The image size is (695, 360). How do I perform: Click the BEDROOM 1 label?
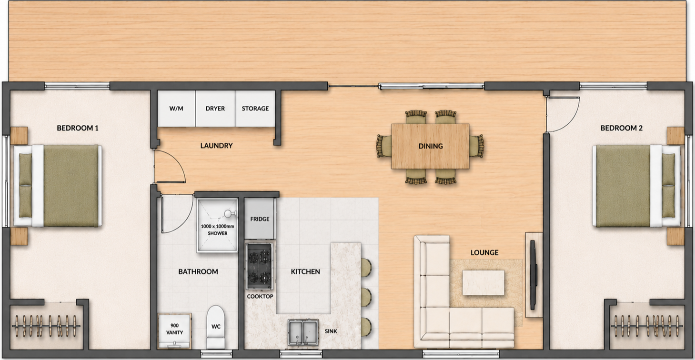tap(78, 128)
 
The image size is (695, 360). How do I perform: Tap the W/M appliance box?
tap(176, 108)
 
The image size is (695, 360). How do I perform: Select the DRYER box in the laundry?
tap(215, 108)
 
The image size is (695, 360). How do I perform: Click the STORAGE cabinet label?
tap(255, 109)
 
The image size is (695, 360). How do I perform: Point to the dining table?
tap(430, 146)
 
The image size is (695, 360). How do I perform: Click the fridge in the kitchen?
tap(260, 219)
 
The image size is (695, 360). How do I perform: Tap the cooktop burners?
tap(260, 266)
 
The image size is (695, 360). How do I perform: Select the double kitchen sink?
tap(303, 332)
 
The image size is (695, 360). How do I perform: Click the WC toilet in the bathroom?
tap(216, 327)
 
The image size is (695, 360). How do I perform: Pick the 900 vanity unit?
tap(174, 330)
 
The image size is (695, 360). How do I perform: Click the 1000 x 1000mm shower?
tap(217, 225)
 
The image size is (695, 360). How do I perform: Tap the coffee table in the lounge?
tap(483, 282)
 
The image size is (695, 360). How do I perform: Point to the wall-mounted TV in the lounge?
tap(533, 275)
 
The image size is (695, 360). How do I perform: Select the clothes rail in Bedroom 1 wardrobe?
tap(46, 326)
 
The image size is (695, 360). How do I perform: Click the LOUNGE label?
tap(484, 252)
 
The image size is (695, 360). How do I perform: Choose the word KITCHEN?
tap(305, 271)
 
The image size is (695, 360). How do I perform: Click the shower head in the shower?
tap(229, 213)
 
